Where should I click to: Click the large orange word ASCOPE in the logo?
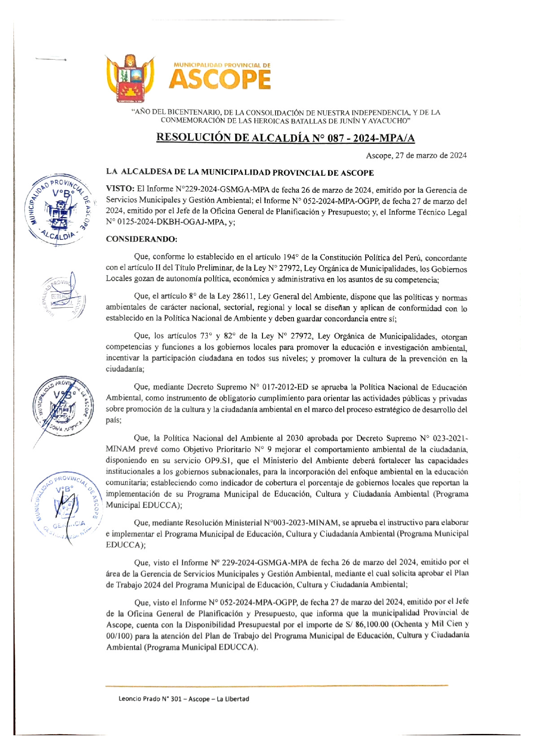click(x=220, y=80)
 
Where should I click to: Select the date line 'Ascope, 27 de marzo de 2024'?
click(x=416, y=156)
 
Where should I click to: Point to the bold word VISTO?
click(x=120, y=190)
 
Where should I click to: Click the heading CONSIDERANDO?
click(x=141, y=239)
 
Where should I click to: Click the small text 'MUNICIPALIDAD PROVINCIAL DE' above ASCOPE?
click(x=222, y=65)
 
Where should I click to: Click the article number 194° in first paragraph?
click(x=291, y=257)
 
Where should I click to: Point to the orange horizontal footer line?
click(x=276, y=685)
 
